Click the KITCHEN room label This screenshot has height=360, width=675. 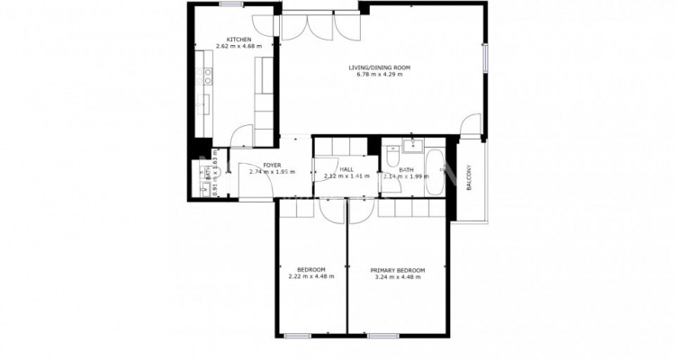tap(238, 40)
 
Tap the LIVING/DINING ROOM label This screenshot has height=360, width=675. tap(380, 67)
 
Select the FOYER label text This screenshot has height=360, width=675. tap(272, 166)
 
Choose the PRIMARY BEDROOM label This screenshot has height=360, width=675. tap(398, 270)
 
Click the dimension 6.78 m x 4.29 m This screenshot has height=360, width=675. tap(380, 76)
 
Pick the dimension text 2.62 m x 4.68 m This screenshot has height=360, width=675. tap(238, 47)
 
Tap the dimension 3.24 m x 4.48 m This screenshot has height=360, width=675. tap(398, 277)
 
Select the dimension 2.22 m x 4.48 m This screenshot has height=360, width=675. tap(311, 277)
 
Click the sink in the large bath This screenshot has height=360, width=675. tap(415, 145)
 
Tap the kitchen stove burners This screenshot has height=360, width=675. tap(205, 76)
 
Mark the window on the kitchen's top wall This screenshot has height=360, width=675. tap(233, 4)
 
